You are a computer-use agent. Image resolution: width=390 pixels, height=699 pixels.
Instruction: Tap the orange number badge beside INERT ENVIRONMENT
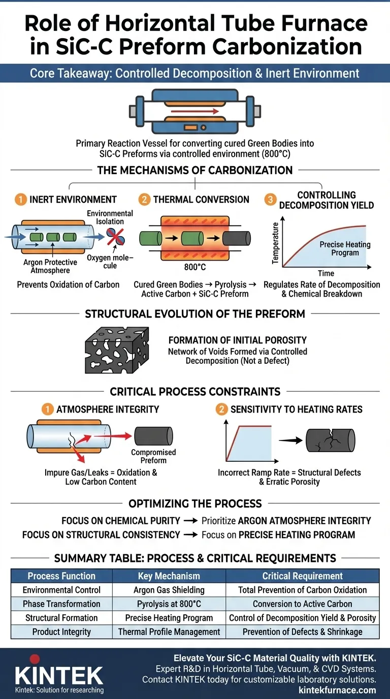point(20,200)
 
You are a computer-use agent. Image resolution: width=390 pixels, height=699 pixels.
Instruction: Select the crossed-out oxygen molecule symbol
point(114,237)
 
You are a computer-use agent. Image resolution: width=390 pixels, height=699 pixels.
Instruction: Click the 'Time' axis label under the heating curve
point(326,273)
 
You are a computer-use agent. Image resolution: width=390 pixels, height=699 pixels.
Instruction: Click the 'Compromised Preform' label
point(153,456)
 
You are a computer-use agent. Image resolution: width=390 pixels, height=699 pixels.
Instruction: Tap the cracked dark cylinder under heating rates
point(330,439)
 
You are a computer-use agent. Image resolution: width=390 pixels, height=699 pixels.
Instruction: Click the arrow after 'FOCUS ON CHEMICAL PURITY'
point(191,521)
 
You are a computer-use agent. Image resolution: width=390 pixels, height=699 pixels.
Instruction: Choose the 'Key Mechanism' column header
point(169,576)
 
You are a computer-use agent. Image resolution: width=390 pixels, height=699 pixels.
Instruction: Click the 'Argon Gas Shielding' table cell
point(169,590)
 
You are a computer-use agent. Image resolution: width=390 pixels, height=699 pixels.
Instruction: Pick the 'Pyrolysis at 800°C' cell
point(169,604)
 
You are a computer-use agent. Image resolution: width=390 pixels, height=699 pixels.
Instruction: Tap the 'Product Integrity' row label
point(61,632)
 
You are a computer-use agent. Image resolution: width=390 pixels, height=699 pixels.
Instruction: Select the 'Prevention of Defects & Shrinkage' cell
point(302,632)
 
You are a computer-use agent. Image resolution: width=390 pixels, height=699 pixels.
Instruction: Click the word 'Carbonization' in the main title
point(287,46)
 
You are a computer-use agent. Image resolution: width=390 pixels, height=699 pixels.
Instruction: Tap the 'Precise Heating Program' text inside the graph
point(345,248)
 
